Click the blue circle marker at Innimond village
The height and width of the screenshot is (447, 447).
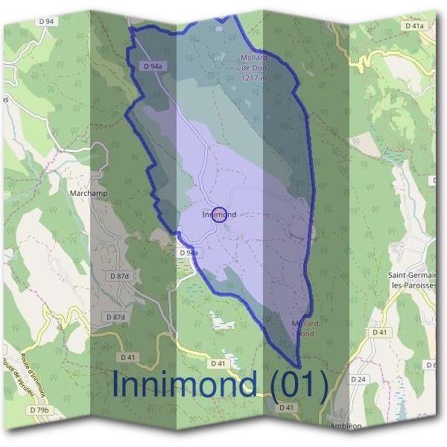pyautogui.click(x=219, y=215)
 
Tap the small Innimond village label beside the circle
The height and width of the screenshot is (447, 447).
pyautogui.click(x=219, y=215)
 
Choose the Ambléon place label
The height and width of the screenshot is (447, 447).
pyautogui.click(x=343, y=428)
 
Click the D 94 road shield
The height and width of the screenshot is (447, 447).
pyautogui.click(x=46, y=22)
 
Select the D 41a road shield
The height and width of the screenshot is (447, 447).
pyautogui.click(x=414, y=25)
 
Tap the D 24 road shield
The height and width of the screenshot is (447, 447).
pyautogui.click(x=358, y=379)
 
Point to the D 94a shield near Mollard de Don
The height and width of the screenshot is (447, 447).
pyautogui.click(x=152, y=66)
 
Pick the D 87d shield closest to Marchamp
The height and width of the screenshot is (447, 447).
pyautogui.click(x=119, y=276)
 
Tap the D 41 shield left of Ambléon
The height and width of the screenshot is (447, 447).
pyautogui.click(x=286, y=408)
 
